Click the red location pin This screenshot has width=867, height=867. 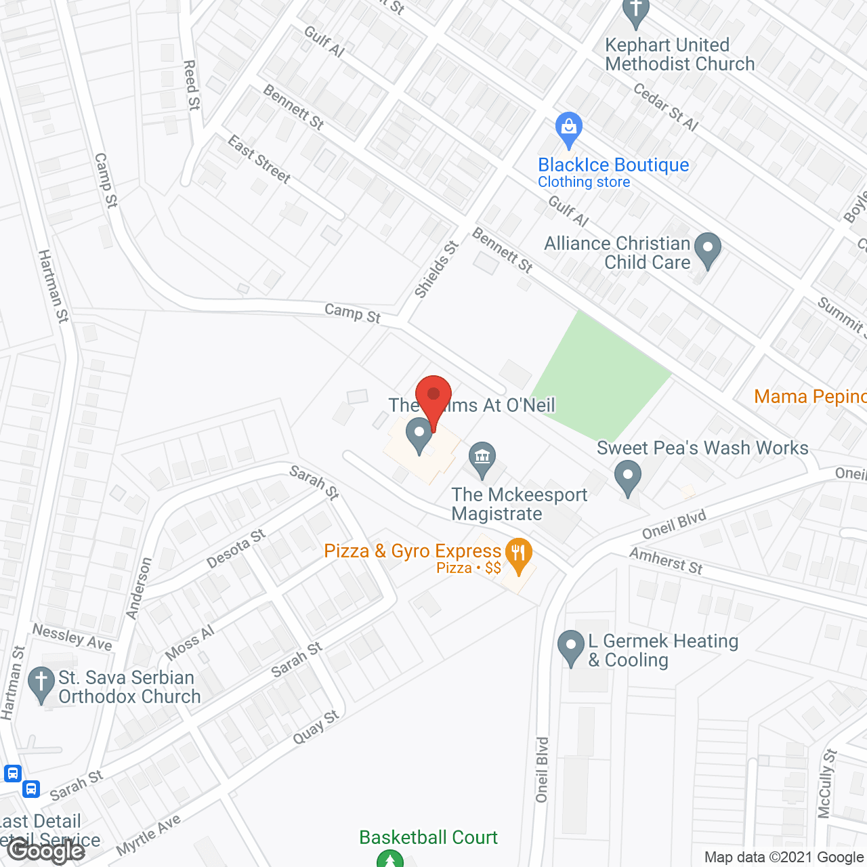pyautogui.click(x=433, y=396)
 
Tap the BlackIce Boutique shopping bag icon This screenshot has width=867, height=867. pyautogui.click(x=568, y=129)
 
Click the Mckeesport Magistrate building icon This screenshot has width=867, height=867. pyautogui.click(x=482, y=458)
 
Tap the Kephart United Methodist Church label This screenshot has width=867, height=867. pyautogui.click(x=679, y=54)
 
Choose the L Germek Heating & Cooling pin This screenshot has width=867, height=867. pyautogui.click(x=570, y=647)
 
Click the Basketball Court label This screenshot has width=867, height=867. pyautogui.click(x=428, y=837)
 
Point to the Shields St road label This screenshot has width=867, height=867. pyautogui.click(x=436, y=270)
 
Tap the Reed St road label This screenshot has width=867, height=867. pyautogui.click(x=192, y=85)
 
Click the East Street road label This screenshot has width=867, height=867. pyautogui.click(x=259, y=160)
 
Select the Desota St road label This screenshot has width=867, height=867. pyautogui.click(x=236, y=549)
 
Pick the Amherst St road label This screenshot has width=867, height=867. pyautogui.click(x=666, y=561)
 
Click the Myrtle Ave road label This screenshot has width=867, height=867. pyautogui.click(x=148, y=835)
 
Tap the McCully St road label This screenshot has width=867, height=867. pyautogui.click(x=827, y=783)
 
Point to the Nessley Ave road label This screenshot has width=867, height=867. pyautogui.click(x=72, y=637)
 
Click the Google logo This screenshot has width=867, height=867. pyautogui.click(x=46, y=850)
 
